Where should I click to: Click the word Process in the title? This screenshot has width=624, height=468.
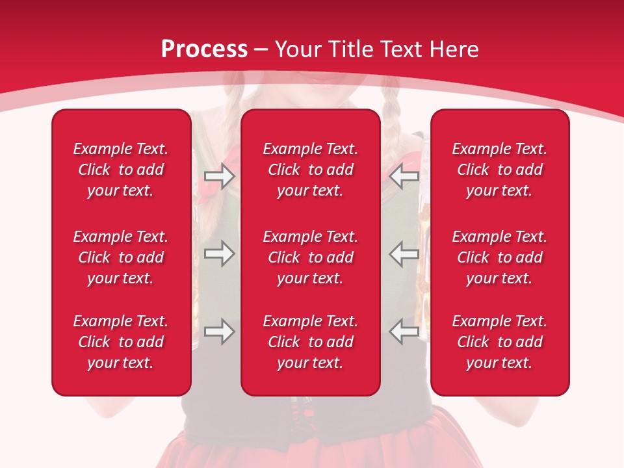click(204, 49)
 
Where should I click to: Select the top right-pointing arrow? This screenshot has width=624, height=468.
click(219, 175)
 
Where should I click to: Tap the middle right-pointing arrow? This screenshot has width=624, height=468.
click(219, 253)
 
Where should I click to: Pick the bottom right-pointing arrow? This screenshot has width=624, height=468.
click(219, 331)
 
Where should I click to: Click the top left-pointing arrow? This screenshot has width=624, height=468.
click(404, 175)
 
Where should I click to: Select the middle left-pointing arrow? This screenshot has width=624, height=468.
click(404, 253)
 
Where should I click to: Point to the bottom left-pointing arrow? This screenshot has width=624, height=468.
click(404, 331)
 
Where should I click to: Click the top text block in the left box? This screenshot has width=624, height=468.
click(121, 170)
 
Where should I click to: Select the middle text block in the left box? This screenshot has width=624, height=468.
click(121, 257)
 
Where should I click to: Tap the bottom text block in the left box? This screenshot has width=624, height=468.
click(121, 342)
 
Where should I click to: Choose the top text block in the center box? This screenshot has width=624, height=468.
click(311, 170)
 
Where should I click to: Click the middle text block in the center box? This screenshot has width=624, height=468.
click(311, 257)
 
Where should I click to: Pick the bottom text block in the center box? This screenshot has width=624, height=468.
click(311, 342)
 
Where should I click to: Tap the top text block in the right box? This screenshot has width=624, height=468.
click(500, 170)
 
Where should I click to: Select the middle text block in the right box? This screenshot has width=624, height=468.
click(500, 257)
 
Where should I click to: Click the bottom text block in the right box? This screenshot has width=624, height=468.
click(500, 342)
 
